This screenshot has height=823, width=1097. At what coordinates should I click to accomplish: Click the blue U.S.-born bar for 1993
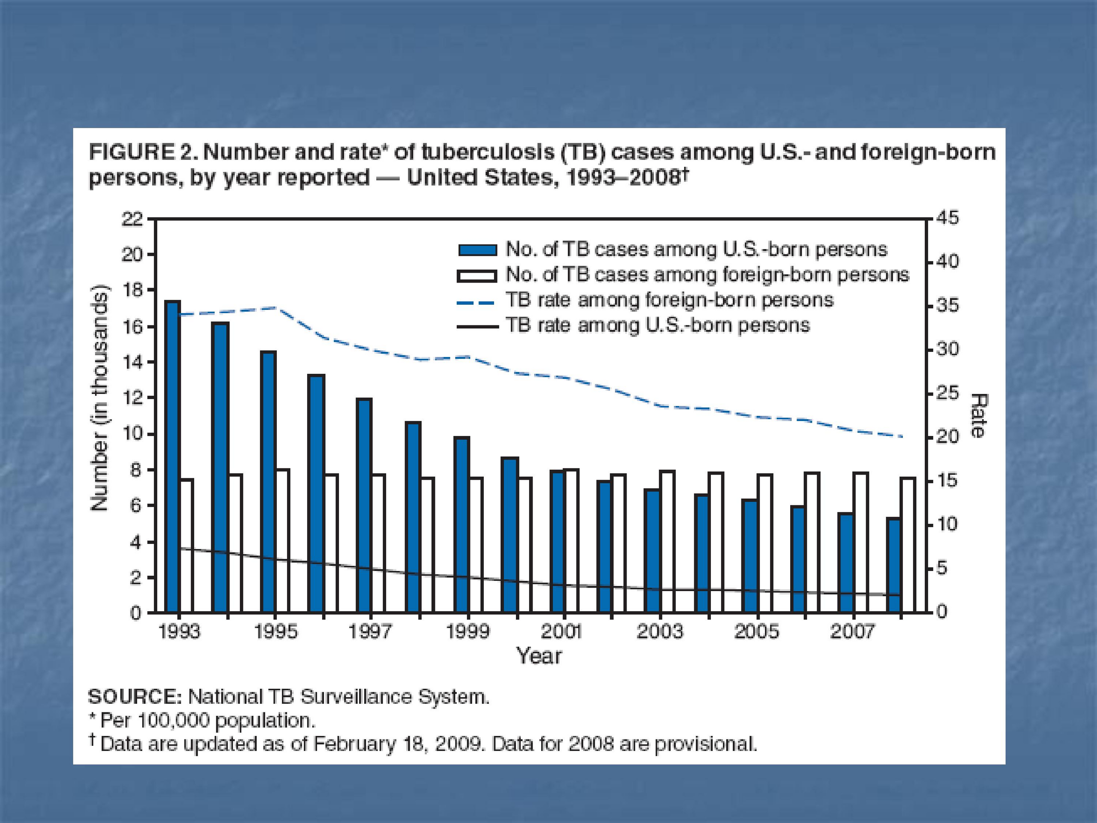click(x=173, y=457)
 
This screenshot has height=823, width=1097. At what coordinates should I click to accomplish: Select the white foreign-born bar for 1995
click(x=283, y=541)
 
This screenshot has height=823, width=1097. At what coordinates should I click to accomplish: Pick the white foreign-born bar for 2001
click(x=571, y=541)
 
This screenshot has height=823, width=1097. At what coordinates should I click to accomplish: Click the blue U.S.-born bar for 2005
click(x=750, y=556)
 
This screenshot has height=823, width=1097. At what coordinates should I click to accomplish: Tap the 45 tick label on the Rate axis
click(x=947, y=219)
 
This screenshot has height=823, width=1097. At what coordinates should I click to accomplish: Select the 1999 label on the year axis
click(x=468, y=632)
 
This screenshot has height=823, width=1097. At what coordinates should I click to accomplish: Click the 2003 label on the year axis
click(x=659, y=632)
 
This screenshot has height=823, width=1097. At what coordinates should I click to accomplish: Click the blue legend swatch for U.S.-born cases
click(x=477, y=249)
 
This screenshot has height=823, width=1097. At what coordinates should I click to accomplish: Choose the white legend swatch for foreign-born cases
click(x=477, y=275)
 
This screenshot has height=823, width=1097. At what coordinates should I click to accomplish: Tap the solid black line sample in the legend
click(x=477, y=327)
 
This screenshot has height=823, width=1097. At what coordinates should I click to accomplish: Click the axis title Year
click(x=539, y=656)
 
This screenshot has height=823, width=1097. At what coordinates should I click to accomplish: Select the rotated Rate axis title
click(x=977, y=416)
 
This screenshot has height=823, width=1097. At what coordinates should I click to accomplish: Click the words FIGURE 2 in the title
click(x=143, y=152)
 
